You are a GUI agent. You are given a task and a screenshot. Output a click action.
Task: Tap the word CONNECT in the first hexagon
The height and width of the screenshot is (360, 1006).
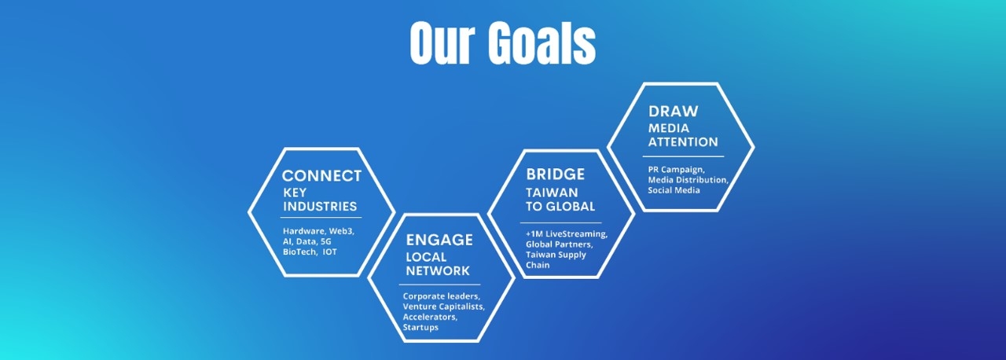pyautogui.click(x=321, y=176)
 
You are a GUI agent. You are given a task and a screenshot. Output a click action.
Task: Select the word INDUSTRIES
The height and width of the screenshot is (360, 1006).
pyautogui.click(x=319, y=207)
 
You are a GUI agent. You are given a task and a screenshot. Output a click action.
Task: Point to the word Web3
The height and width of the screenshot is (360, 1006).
pyautogui.click(x=342, y=231)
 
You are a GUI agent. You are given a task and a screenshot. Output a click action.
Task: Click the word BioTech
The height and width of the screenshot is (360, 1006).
pyautogui.click(x=299, y=252)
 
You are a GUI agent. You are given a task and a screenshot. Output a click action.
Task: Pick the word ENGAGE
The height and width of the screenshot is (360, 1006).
pyautogui.click(x=439, y=240)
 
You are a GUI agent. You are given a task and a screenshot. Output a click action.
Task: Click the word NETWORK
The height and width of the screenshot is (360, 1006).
pyautogui.click(x=438, y=271)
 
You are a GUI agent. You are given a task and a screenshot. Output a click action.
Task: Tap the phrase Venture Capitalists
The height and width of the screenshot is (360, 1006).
pyautogui.click(x=443, y=307)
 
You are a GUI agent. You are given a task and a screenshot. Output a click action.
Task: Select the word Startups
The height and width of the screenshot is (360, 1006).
pyautogui.click(x=420, y=327)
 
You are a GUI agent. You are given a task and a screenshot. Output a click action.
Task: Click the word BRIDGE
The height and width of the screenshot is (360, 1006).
pyautogui.click(x=555, y=174)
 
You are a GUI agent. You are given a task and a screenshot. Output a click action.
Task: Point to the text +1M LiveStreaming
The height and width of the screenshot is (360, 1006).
pyautogui.click(x=566, y=234)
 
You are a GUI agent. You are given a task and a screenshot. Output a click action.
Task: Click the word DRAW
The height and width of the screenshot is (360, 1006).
pyautogui.click(x=673, y=112)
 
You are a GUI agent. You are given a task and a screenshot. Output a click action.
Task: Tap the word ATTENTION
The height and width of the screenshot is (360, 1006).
pyautogui.click(x=682, y=142)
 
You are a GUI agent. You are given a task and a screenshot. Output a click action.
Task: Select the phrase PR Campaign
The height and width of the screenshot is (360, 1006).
pyautogui.click(x=677, y=169)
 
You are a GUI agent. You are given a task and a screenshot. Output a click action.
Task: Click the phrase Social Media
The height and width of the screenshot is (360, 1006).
pyautogui.click(x=674, y=190)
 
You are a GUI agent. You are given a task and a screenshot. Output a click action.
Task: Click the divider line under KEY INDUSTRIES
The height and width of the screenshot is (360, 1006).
pyautogui.click(x=321, y=218)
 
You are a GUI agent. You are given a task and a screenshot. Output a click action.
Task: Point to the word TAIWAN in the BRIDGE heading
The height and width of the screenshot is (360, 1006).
pyautogui.click(x=552, y=193)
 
